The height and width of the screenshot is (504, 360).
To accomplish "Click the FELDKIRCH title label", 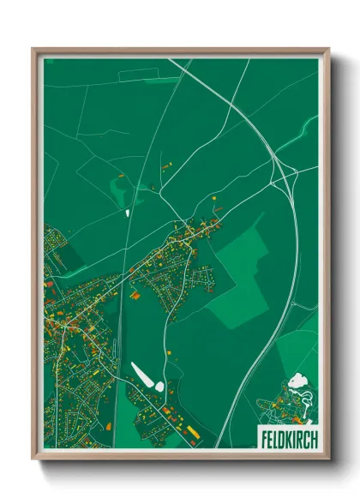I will point(285,435).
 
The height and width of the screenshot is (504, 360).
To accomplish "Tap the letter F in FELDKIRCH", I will point(261,435).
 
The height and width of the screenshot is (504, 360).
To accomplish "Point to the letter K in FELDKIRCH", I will point(287,435).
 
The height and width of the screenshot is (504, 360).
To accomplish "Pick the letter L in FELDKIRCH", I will point(273,435).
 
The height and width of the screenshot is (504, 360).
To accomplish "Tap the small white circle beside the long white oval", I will point(159,388).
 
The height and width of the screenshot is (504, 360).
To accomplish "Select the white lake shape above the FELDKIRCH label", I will point(297,380).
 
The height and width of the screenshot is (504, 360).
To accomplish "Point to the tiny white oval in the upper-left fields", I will point(128,213).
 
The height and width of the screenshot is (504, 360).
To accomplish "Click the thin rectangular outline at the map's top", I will point(150,75).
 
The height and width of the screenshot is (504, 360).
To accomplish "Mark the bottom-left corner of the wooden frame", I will point(33,459).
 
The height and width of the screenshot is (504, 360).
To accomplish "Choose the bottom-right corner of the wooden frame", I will point(328,459).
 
